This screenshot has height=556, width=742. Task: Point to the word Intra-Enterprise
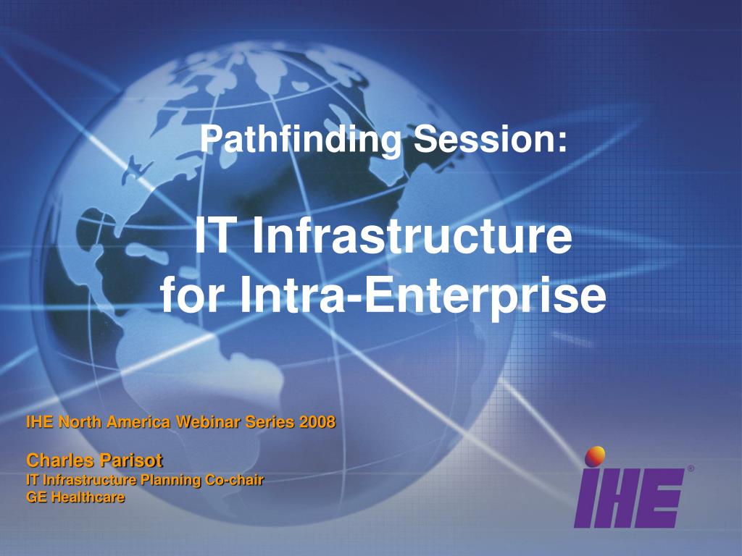423,295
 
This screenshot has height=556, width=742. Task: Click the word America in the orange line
138,421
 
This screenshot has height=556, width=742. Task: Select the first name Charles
59,460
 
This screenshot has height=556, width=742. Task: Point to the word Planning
171,481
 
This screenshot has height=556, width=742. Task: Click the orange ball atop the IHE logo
595,456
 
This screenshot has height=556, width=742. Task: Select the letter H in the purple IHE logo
622,497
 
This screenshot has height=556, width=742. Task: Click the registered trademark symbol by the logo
691,468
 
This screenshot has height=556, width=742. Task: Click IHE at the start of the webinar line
40,421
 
